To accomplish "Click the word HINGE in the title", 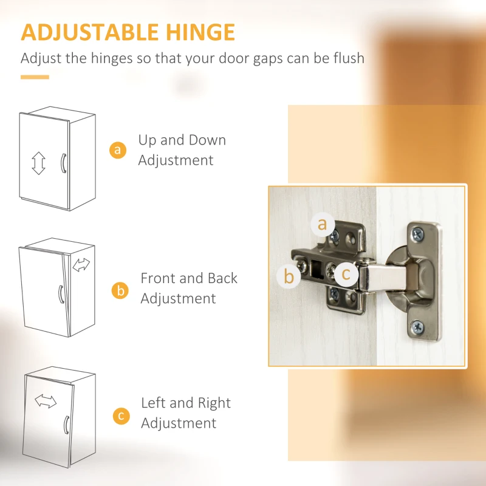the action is [x=200, y=32].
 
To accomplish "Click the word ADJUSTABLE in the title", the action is [x=90, y=32].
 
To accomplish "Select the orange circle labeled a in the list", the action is [x=118, y=150].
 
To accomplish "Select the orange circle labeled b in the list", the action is [x=120, y=291].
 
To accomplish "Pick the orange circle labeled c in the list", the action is [x=121, y=416].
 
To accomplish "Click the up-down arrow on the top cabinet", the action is [x=38, y=163].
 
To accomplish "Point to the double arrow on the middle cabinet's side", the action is [x=81, y=265].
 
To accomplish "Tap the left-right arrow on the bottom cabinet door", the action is [x=46, y=401].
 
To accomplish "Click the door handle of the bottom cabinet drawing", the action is [x=66, y=425].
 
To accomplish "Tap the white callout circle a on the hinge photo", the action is [x=323, y=224].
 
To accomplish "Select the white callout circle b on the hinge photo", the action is [x=289, y=276].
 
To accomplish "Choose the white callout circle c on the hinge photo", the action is [x=346, y=274].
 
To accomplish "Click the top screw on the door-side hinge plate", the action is [x=417, y=234].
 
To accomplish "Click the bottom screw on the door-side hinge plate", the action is [x=417, y=327].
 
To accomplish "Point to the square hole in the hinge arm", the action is [x=317, y=268].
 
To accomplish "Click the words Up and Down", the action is [x=182, y=140].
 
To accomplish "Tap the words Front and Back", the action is [x=189, y=278].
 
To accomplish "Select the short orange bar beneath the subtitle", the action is [x=35, y=77].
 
